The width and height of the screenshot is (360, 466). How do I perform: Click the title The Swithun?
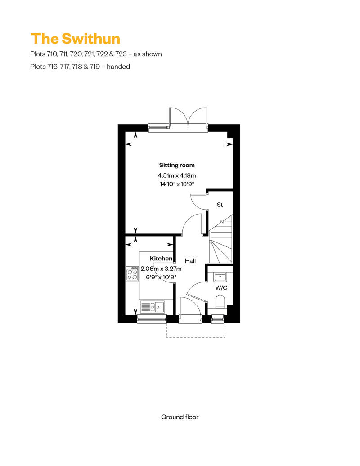tap(75, 39)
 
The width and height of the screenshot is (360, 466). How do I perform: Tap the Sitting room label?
tap(177, 165)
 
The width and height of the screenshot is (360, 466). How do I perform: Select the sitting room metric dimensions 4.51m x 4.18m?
tap(177, 175)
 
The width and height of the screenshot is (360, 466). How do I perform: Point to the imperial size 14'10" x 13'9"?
tap(177, 184)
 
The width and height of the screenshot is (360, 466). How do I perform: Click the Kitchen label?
tap(161, 259)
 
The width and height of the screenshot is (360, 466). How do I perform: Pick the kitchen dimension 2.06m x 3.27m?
tap(161, 269)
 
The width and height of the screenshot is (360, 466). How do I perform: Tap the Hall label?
tap(190, 261)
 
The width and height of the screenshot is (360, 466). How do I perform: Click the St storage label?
tap(220, 205)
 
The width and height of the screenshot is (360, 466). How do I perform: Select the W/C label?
tap(221, 288)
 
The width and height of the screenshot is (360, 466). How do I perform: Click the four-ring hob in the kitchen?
tap(132, 273)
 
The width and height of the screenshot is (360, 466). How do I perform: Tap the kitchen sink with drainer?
tap(153, 307)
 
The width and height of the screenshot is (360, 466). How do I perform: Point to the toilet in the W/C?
tap(220, 302)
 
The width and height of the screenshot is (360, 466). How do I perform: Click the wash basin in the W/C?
tap(220, 277)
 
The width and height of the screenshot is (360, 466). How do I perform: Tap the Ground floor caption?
tap(180, 417)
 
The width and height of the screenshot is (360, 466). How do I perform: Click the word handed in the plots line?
tap(118, 67)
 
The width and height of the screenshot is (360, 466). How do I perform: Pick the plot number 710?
tap(50, 54)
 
